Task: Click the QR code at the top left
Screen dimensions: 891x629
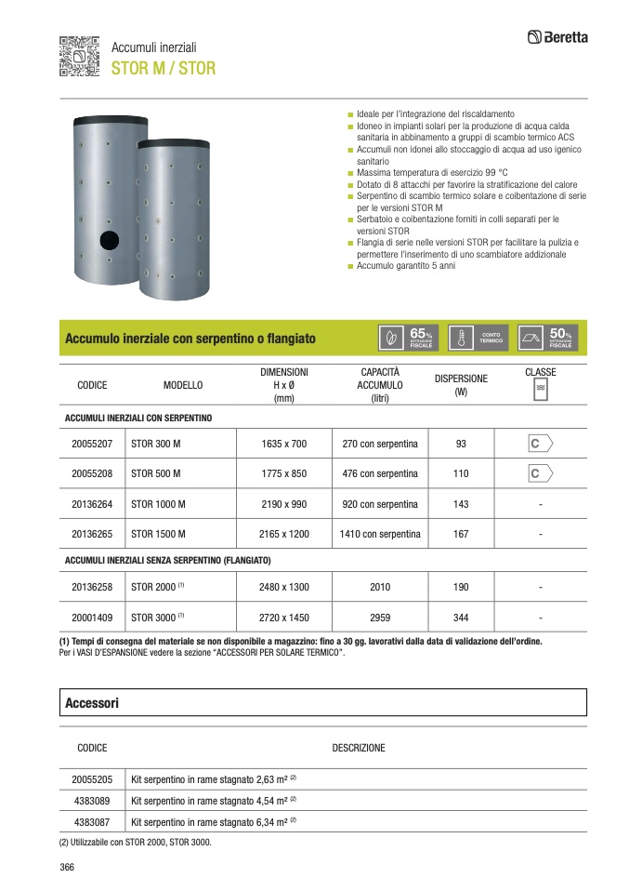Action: click(x=78, y=56)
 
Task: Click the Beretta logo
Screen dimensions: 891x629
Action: click(x=557, y=37)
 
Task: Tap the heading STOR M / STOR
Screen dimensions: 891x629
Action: click(x=164, y=68)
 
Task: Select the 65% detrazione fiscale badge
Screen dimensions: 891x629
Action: click(x=409, y=339)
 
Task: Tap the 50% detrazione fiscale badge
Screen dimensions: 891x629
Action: click(x=548, y=339)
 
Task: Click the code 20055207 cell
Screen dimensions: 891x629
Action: click(x=92, y=444)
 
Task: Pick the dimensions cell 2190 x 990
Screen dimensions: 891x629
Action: click(x=284, y=504)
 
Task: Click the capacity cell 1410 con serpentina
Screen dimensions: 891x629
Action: click(x=380, y=534)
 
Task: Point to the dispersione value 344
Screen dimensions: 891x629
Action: click(x=461, y=617)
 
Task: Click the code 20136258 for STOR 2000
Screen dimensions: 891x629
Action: click(x=92, y=587)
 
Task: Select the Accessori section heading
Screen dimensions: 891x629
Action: click(x=92, y=703)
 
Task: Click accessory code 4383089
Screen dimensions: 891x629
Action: click(x=92, y=800)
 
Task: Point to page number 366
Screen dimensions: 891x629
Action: click(x=67, y=867)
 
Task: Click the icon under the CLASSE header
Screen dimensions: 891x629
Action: click(x=540, y=391)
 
